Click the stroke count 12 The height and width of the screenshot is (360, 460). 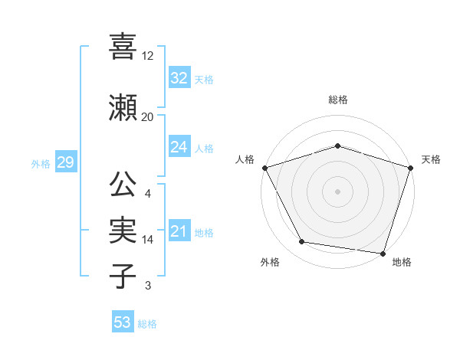(x=148, y=56)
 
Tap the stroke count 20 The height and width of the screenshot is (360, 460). (x=148, y=117)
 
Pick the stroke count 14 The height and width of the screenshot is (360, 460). (x=148, y=240)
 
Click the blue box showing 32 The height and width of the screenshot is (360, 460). (x=179, y=78)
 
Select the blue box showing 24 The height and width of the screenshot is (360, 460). (x=179, y=147)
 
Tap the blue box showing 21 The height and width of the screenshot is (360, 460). (x=179, y=231)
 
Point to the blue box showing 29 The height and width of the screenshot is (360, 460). (x=65, y=162)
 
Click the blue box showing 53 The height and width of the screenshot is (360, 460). (x=122, y=322)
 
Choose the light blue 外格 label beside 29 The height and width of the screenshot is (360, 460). (x=41, y=163)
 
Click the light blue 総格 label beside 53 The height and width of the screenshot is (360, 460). (x=147, y=323)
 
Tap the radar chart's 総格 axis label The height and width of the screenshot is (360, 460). (x=338, y=100)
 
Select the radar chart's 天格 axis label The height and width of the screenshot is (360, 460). (x=431, y=159)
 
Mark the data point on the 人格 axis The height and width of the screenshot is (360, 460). (x=264, y=168)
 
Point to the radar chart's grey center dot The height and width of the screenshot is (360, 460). (x=337, y=191)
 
